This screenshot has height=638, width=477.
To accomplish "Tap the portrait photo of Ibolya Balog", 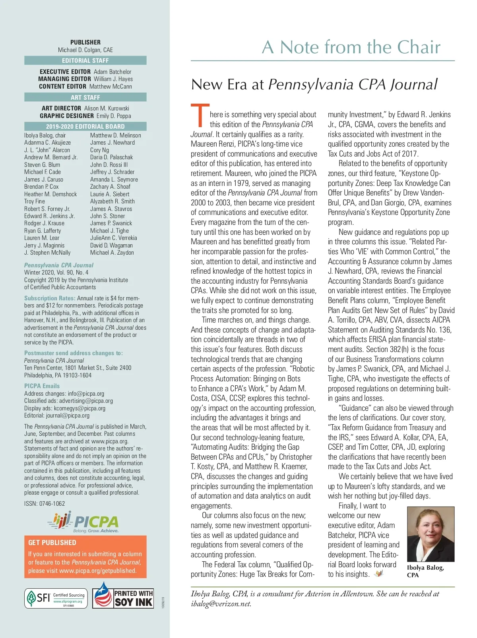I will [x=430, y=534].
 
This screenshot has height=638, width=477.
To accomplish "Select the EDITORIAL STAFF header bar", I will [x=85, y=60].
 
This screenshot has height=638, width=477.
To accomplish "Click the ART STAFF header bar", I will [x=85, y=97].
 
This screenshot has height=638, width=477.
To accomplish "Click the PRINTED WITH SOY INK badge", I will [x=123, y=595].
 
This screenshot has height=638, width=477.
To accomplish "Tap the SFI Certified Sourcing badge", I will [x=56, y=598].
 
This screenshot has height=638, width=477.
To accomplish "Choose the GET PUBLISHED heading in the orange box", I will [x=52, y=542].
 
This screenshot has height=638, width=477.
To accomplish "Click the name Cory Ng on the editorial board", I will [x=99, y=150].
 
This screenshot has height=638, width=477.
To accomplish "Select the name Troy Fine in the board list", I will [x=35, y=201].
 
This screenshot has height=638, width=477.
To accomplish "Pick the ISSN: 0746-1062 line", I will [x=45, y=503].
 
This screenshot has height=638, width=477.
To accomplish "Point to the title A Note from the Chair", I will [x=351, y=47].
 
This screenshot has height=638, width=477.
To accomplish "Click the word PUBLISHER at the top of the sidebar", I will [x=85, y=42].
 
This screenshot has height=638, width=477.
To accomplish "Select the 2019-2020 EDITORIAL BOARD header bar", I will [x=85, y=126].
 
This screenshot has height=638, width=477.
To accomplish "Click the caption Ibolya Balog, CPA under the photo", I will [x=425, y=571].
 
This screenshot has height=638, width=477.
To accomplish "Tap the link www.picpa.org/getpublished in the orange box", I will [x=97, y=570].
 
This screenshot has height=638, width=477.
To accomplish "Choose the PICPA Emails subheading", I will [x=42, y=386].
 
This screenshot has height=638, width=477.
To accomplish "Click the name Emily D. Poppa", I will [x=114, y=116].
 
